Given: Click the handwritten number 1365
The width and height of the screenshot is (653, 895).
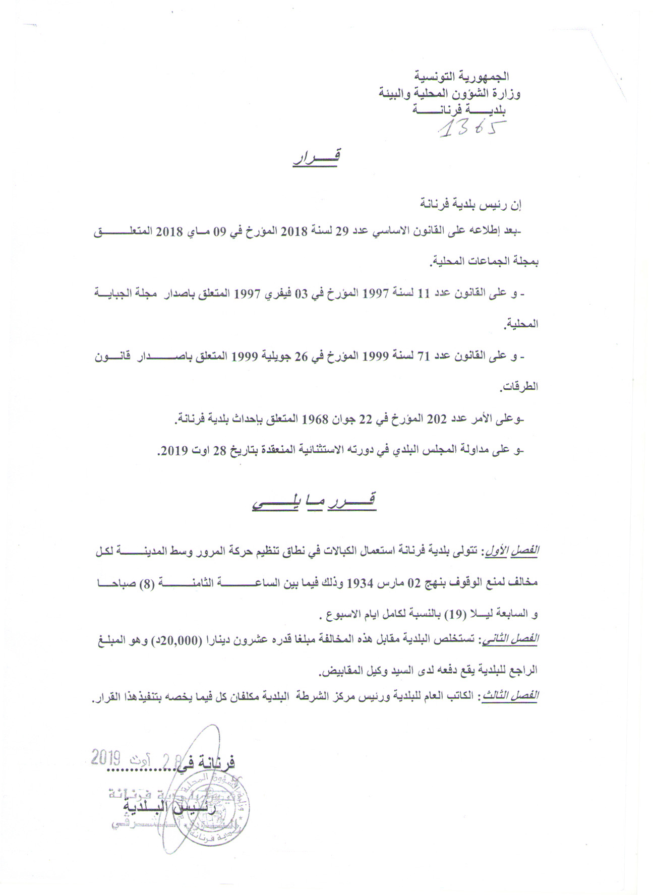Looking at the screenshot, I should [472, 129].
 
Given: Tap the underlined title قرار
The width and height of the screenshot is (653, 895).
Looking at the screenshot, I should [317, 157].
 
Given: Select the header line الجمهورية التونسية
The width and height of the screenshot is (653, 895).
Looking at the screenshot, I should [461, 77].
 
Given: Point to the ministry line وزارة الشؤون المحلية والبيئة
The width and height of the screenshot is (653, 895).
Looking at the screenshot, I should [450, 94].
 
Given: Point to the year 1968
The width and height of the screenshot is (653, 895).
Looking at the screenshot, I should [315, 419].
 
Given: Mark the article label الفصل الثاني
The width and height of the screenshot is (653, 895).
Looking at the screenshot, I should [512, 640].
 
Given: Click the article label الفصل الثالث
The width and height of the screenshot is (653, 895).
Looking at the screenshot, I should [511, 696].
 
